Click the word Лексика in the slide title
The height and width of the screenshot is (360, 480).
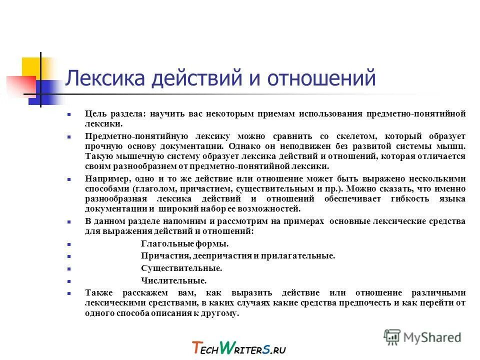(x=102, y=78)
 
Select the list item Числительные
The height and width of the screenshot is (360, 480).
(x=173, y=281)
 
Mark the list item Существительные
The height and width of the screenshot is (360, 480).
(x=181, y=268)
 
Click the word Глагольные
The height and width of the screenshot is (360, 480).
(x=163, y=243)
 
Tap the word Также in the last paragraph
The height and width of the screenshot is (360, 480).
(x=98, y=293)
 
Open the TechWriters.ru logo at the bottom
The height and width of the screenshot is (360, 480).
(x=238, y=347)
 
